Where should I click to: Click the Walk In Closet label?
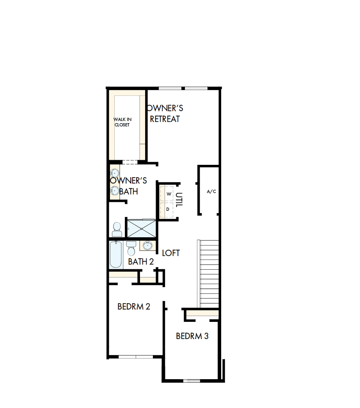pos(122,122)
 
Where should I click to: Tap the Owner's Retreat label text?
pos(165,113)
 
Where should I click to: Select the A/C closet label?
pos(211,191)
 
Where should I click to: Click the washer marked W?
pos(168,194)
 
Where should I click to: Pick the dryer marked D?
pos(168,209)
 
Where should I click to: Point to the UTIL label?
pos(179,200)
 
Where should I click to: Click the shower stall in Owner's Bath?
pos(141,228)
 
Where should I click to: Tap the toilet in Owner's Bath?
pos(117,229)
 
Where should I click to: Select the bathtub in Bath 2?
pos(115,255)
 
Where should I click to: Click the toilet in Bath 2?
pos(131,248)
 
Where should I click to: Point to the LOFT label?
pos(171,253)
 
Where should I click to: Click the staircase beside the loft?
pos(209,273)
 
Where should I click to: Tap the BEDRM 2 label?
pos(134,307)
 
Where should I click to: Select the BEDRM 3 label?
pos(192,336)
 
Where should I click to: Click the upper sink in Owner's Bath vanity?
pos(114,172)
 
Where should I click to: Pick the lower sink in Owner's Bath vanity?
pos(115,191)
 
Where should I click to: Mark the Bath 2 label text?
pos(141,261)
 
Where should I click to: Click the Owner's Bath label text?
pos(128,186)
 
